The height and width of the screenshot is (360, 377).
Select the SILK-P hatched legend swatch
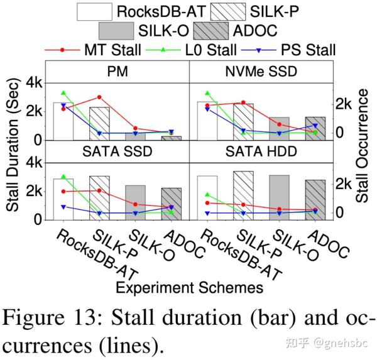pos(212,11)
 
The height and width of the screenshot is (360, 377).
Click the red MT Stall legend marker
pos(63,50)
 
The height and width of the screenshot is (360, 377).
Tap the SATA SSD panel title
pos(117,151)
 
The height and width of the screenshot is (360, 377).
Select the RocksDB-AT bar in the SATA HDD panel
pos(207,198)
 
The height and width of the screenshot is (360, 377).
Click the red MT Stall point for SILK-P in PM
pos(99,97)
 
